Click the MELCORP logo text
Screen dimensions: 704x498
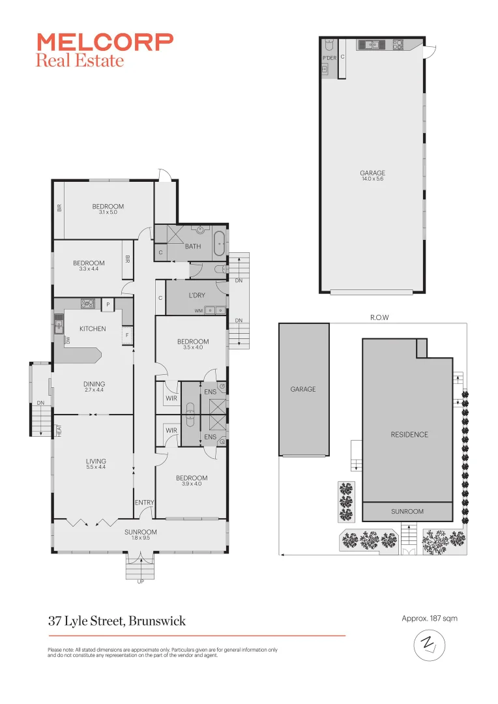pyautogui.click(x=104, y=42)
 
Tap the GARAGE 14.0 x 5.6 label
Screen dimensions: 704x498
pyautogui.click(x=372, y=175)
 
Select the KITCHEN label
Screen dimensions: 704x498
pyautogui.click(x=93, y=329)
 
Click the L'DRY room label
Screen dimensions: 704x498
pyautogui.click(x=197, y=295)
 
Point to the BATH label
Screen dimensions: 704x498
pyautogui.click(x=193, y=246)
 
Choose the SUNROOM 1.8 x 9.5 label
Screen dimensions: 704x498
pyautogui.click(x=141, y=535)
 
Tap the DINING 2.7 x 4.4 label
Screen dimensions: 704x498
pyautogui.click(x=94, y=387)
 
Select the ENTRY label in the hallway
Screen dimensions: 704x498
pyautogui.click(x=144, y=503)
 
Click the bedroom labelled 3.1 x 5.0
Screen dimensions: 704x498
pyautogui.click(x=108, y=209)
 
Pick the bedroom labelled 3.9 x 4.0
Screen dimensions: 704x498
pyautogui.click(x=192, y=481)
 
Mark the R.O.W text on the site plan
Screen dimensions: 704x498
pyautogui.click(x=372, y=317)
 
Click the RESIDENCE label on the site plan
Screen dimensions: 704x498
pyautogui.click(x=410, y=435)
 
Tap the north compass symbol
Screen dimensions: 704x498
pyautogui.click(x=429, y=647)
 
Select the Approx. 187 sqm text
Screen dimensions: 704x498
pyautogui.click(x=430, y=618)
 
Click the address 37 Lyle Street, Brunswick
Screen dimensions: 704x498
pyautogui.click(x=117, y=621)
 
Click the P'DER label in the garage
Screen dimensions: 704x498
pyautogui.click(x=329, y=58)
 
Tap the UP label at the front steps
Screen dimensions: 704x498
pyautogui.click(x=140, y=582)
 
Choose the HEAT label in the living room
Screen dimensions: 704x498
pyautogui.click(x=58, y=431)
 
